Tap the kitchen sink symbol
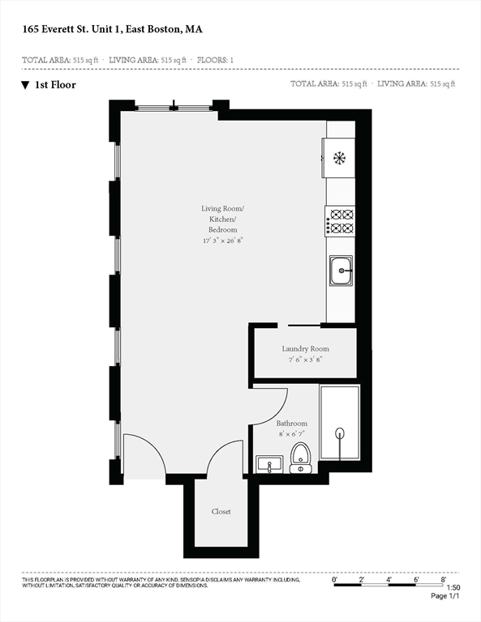pos(341,271)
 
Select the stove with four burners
pos(341,222)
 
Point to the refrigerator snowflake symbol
pos(340,158)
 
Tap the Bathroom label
pos(291,424)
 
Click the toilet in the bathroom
pos(300,458)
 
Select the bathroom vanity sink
pos(268,465)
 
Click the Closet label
pos(221,512)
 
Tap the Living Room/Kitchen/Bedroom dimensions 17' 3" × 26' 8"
pos(222,241)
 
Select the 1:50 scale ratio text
pos(453,588)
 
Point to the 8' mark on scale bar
pos(444,580)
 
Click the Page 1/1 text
pos(445,597)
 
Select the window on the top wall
pos(174,106)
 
